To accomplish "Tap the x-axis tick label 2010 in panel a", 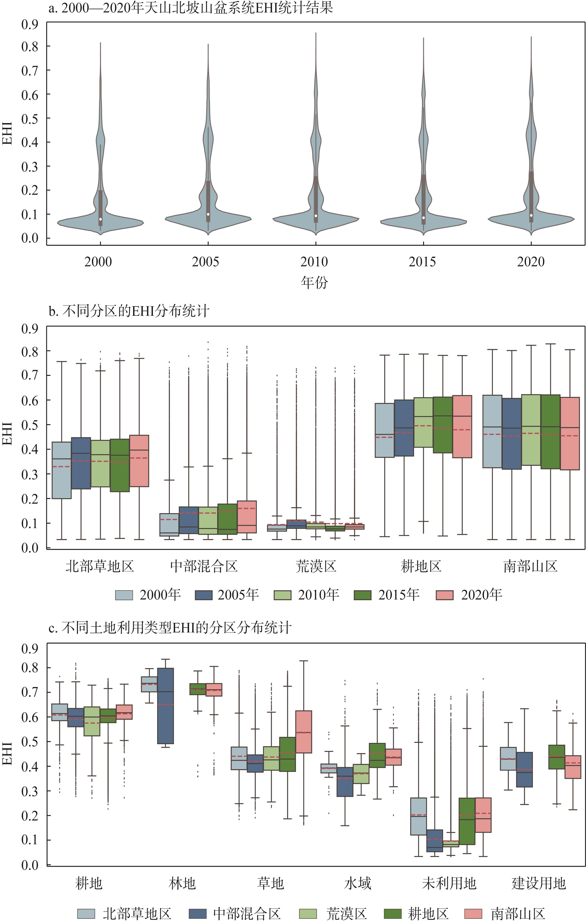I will [314, 262].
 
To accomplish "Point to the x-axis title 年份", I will [314, 282].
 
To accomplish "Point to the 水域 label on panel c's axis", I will [358, 883].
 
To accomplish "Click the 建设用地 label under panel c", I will [539, 883].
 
